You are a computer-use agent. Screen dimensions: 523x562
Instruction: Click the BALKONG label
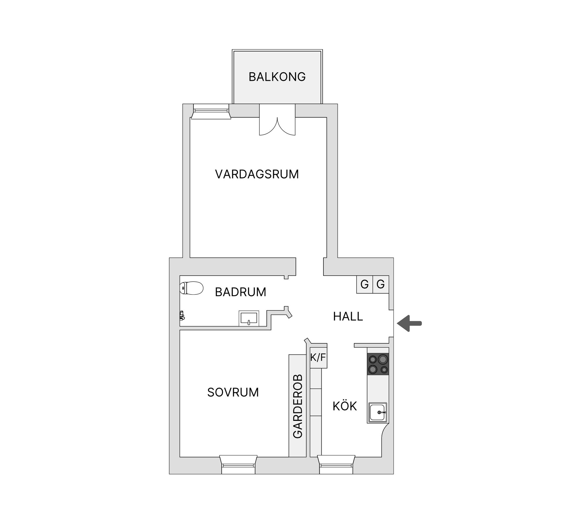point(277,77)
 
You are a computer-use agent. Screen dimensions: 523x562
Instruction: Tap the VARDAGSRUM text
point(257,174)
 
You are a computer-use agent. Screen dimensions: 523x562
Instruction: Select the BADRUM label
point(240,292)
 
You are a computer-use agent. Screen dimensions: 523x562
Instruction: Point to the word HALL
point(348,316)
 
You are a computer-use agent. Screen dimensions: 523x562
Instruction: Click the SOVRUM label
point(233,392)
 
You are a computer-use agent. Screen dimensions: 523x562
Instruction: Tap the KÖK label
point(345,406)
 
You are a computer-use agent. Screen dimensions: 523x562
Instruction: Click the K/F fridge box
point(318,357)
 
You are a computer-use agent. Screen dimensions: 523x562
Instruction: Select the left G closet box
point(364,284)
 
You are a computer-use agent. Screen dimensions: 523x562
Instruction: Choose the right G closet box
point(381,284)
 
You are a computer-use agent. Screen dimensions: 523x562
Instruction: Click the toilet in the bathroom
point(191,288)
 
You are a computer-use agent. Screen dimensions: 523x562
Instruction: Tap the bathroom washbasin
point(249,318)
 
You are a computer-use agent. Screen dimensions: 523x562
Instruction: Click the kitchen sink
point(378,412)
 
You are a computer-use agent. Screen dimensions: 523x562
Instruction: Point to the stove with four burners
point(378,364)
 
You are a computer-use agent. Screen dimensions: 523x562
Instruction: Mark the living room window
point(211,112)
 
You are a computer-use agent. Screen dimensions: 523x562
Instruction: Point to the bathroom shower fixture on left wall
point(182,315)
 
